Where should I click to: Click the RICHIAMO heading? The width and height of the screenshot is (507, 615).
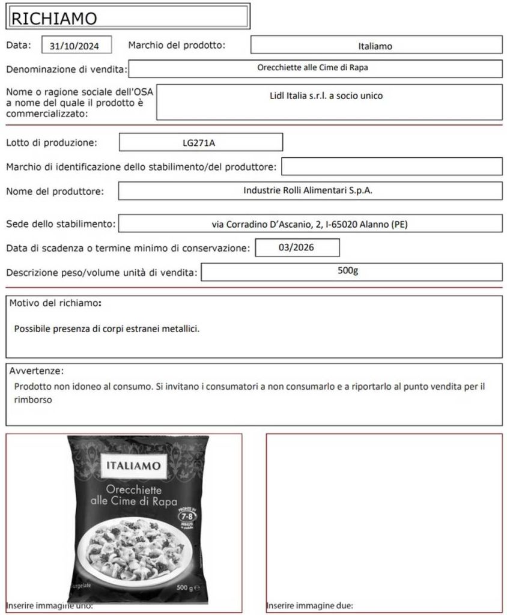[54, 18]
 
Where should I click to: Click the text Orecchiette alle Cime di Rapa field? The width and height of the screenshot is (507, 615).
[312, 68]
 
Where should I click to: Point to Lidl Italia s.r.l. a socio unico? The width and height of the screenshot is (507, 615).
[326, 95]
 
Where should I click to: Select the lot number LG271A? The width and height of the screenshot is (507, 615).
[200, 143]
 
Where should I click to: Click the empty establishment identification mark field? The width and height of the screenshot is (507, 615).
[392, 166]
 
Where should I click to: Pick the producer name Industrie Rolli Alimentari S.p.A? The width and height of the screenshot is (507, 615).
[308, 190]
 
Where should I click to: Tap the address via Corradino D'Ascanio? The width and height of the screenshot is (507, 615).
[310, 224]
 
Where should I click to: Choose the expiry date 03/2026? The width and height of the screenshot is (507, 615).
[297, 247]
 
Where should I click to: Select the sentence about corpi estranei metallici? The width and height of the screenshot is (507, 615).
[106, 329]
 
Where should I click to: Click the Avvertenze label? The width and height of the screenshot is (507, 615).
[36, 371]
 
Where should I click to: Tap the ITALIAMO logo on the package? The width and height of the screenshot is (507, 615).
[133, 466]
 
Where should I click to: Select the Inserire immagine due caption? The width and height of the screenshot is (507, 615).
[309, 605]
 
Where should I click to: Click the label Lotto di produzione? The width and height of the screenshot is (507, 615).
[51, 143]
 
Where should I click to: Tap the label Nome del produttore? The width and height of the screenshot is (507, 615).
[55, 192]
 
